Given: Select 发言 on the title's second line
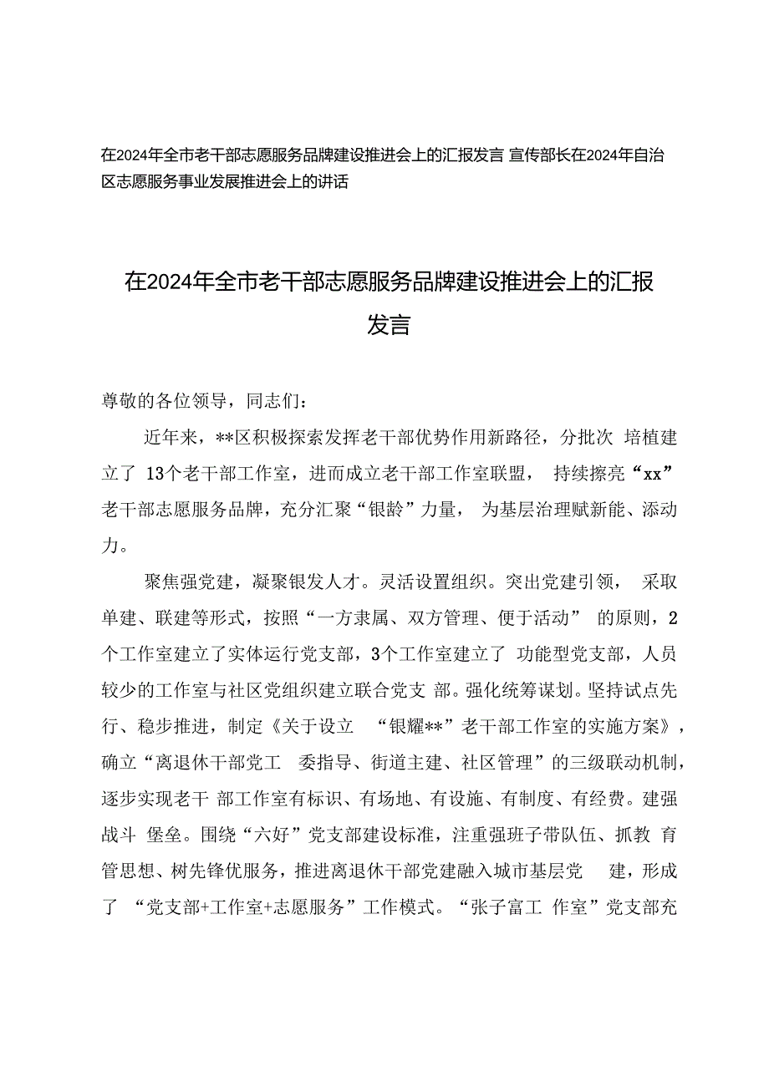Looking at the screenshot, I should (389, 324).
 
